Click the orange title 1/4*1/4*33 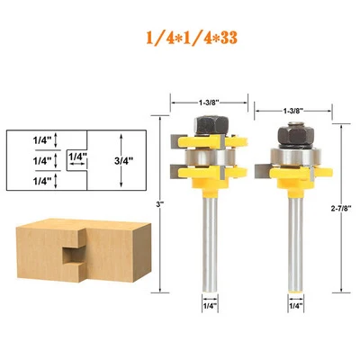coord(192,38)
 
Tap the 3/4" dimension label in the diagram coord(124,161)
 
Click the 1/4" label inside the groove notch coord(77,157)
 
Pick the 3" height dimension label coord(158,205)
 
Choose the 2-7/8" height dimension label coord(341,209)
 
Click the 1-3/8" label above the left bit coord(208,103)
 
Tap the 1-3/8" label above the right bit coord(292,111)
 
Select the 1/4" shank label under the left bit coord(210,306)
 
